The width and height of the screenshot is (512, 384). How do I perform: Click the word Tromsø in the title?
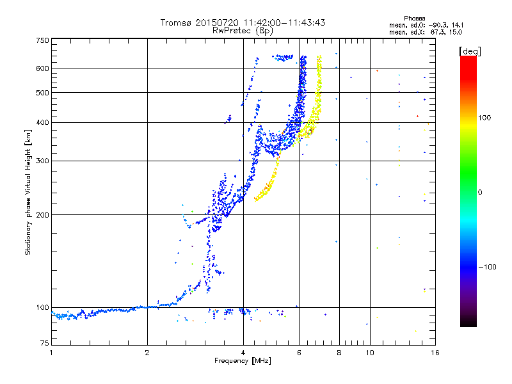[176, 22]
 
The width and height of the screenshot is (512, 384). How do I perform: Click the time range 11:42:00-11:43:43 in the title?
[285, 22]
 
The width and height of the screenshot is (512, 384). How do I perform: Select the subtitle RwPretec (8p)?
[243, 31]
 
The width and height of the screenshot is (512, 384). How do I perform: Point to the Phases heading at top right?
[414, 19]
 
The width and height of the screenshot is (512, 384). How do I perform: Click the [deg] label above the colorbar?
[470, 51]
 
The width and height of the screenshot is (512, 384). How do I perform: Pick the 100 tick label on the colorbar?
[484, 118]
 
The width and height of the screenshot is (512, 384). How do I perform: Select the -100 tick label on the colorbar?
[487, 267]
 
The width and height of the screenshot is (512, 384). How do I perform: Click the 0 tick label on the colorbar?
[480, 193]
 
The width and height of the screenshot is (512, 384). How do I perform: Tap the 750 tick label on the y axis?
[42, 40]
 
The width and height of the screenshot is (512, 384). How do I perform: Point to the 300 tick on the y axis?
[42, 161]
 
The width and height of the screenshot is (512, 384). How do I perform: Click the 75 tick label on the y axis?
[45, 343]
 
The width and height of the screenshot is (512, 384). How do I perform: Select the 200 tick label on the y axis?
[42, 215]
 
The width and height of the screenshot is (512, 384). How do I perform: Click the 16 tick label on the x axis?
[435, 353]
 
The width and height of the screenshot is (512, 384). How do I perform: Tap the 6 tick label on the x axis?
[299, 353]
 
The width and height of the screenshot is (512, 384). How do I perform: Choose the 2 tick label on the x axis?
[147, 353]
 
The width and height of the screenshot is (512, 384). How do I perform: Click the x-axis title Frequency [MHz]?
[243, 361]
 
